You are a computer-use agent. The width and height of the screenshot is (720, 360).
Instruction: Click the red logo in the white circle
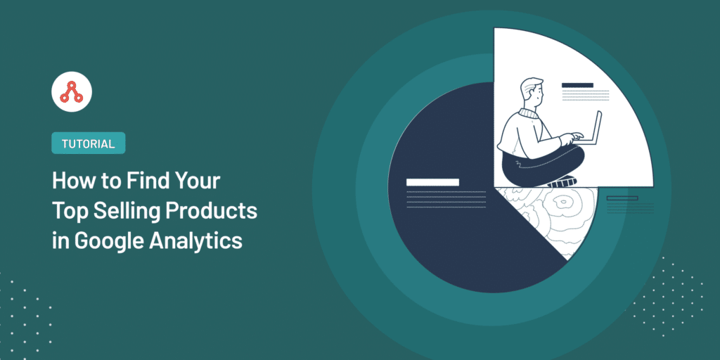(72, 92)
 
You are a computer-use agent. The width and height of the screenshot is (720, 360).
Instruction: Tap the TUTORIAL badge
(88, 143)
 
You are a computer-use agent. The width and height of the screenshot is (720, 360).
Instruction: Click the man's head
(532, 94)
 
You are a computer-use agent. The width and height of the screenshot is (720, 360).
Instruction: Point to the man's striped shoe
(561, 182)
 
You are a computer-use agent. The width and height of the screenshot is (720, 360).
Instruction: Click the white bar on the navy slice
(432, 182)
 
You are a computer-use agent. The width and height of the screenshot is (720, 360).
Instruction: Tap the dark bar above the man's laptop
(578, 85)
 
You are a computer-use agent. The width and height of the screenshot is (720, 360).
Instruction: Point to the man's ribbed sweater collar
(529, 112)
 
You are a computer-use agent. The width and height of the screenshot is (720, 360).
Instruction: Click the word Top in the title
(70, 211)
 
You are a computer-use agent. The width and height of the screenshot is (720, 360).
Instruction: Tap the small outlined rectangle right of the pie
(622, 198)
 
